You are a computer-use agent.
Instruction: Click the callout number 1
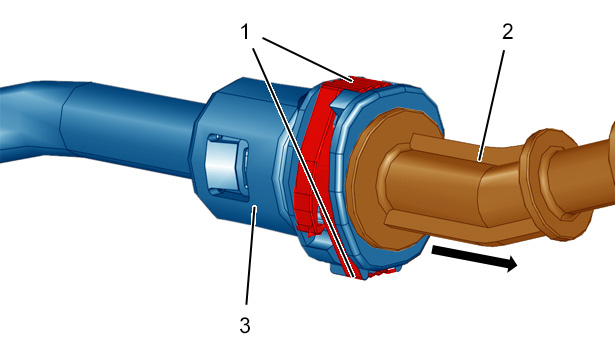coord(245,31)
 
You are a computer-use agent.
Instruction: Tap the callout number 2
coord(508,31)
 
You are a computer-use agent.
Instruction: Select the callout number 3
coord(245,325)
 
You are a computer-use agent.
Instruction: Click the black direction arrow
coord(474,258)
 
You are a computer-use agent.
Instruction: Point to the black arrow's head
coord(511,263)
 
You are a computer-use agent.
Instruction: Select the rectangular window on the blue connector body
coord(226,167)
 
